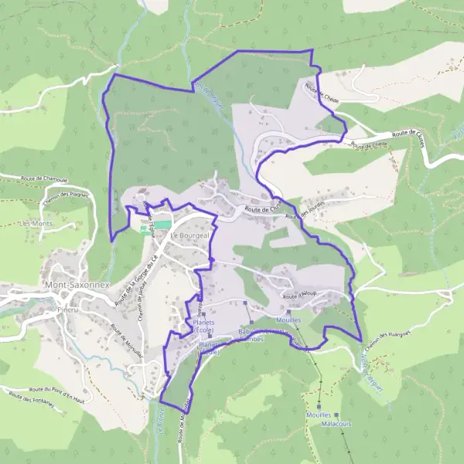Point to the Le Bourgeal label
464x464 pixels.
click(x=185, y=234)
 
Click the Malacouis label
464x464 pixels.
click(x=335, y=425)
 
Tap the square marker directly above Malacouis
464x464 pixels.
click(x=319, y=406)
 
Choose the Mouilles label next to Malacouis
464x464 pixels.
click(x=324, y=415)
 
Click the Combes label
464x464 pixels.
click(x=255, y=338)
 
